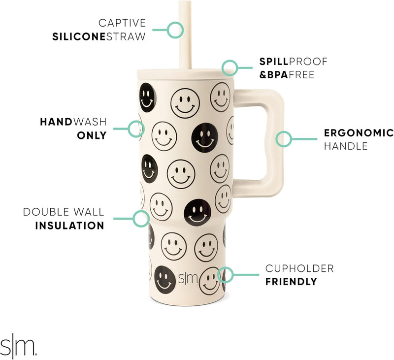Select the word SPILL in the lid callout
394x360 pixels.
pos(274,62)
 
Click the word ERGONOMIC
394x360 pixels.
pos(359,133)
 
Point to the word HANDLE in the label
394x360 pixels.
pos(346,146)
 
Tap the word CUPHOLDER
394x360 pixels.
pos(299,268)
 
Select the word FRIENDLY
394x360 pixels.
pos(291,282)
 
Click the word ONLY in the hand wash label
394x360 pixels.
pos(92,134)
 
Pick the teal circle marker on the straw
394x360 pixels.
pos(175,30)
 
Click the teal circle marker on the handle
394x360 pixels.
pos(283,139)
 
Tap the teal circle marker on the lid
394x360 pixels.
pos(230,67)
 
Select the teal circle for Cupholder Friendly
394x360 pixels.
pos(225,275)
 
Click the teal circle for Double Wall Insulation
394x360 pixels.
pos(142,219)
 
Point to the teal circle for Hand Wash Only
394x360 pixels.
pos(136,129)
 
